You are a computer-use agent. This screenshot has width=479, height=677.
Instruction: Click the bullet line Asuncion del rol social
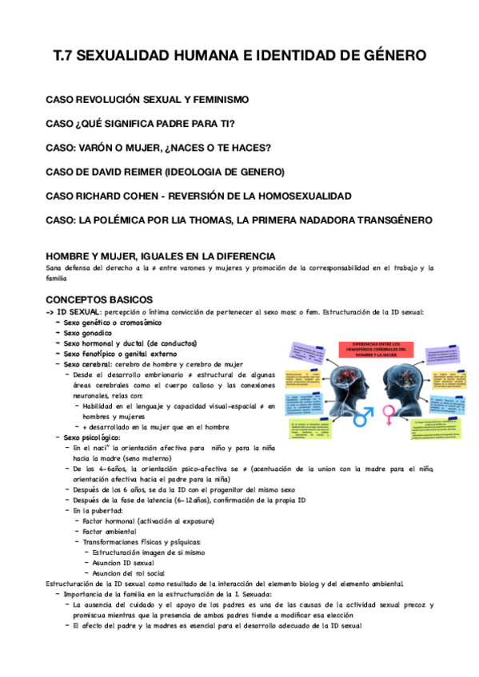(128, 572)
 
